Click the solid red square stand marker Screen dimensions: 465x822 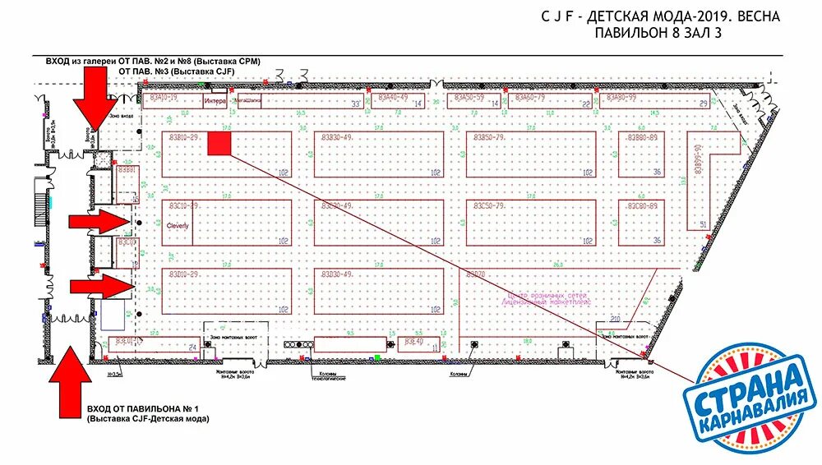219,145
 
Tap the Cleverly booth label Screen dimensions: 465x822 178,225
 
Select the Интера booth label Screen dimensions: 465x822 215,102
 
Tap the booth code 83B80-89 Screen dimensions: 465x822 641,137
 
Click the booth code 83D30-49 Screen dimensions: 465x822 337,274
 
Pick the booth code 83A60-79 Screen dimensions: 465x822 530,98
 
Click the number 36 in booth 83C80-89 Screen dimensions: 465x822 657,241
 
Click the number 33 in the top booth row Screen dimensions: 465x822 355,104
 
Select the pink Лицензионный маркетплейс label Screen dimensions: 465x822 547,302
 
